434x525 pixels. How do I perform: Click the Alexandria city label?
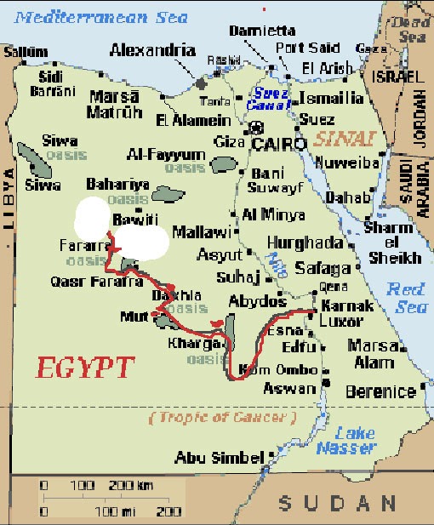tap(152, 50)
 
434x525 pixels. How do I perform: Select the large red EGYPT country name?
tap(85, 368)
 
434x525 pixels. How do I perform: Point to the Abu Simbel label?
tap(219, 458)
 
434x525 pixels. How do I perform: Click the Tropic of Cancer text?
tap(222, 419)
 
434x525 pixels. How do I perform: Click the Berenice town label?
tap(380, 392)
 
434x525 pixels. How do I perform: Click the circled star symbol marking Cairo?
tap(256, 128)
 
